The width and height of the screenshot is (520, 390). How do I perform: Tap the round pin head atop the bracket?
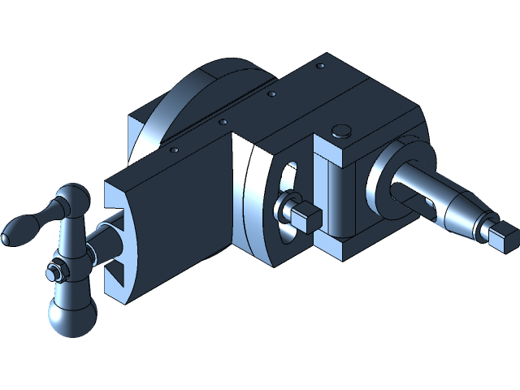tap(342, 128)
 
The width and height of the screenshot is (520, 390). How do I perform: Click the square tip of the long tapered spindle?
tap(500, 236)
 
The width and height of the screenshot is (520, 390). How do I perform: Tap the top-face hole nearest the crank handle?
tap(173, 149)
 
